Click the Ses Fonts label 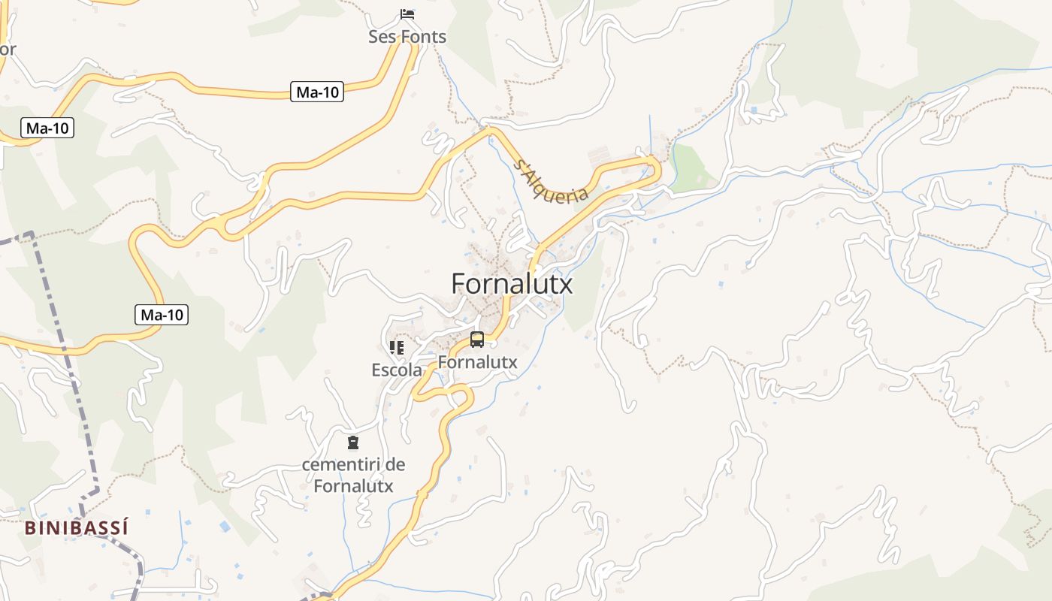(407, 37)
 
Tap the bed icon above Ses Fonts (407, 14)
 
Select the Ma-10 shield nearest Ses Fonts (317, 92)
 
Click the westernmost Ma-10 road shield (47, 128)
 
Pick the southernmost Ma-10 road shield (162, 315)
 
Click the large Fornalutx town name (512, 284)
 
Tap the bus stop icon (477, 340)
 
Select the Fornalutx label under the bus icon (478, 362)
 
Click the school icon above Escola (397, 347)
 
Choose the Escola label (397, 370)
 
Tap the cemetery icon (353, 442)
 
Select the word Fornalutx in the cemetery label (353, 486)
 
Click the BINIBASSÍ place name (76, 528)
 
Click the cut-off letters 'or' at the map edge (7, 50)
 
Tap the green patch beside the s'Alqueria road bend (688, 169)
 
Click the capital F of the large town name (459, 284)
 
